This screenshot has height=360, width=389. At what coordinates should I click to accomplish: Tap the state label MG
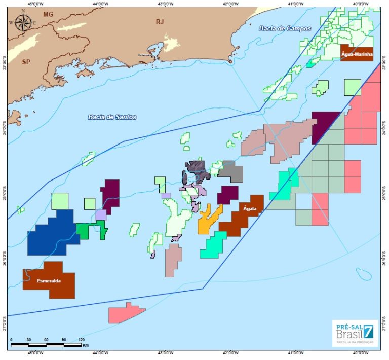48,14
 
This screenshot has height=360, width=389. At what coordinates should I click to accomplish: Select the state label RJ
160,21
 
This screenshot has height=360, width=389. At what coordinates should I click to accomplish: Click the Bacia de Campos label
278,28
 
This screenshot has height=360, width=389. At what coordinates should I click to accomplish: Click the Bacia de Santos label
112,117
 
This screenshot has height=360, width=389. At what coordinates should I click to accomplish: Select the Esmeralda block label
49,280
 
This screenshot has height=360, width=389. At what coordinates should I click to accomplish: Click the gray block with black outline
231,171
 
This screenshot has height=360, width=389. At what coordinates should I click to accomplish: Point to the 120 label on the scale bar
82,340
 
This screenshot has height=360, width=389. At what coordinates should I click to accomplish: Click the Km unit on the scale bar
85,345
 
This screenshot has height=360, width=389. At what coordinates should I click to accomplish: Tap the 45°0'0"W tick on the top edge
34,4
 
